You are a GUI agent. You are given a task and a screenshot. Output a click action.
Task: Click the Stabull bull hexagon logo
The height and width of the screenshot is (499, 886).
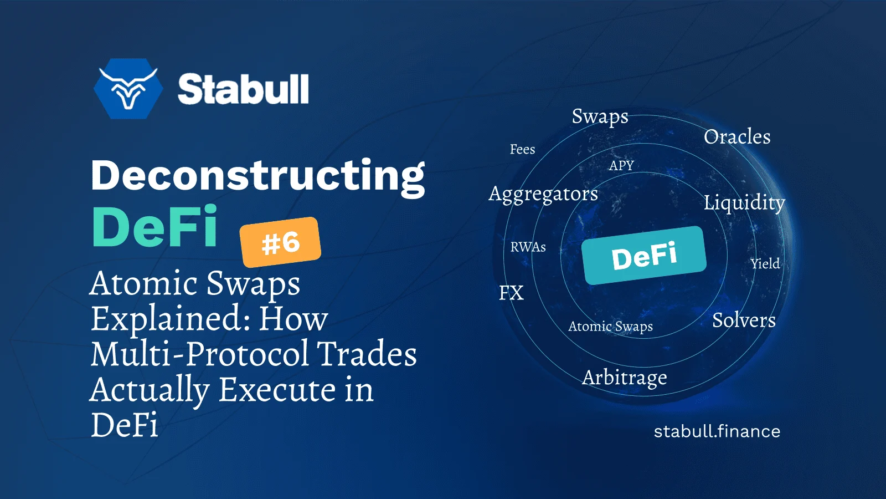pyautogui.click(x=128, y=89)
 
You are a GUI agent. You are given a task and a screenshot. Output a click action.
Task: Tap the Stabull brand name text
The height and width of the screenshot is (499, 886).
pyautogui.click(x=243, y=89)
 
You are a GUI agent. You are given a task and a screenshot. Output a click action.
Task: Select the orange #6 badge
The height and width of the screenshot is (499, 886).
pyautogui.click(x=280, y=242)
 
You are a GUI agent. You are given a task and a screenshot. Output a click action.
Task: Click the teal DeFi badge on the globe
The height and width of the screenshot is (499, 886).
pyautogui.click(x=644, y=256)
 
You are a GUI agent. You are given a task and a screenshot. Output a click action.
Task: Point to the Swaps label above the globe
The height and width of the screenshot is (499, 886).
pyautogui.click(x=600, y=117)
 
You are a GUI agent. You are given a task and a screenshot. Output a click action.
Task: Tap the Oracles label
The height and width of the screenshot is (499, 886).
pyautogui.click(x=737, y=137)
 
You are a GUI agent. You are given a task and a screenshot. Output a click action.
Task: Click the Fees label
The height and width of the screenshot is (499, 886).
pyautogui.click(x=522, y=149)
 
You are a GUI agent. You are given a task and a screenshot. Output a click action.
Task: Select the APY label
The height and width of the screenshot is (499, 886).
pyautogui.click(x=621, y=165)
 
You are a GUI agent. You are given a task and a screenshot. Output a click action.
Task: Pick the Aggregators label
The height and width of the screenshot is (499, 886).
pyautogui.click(x=543, y=195)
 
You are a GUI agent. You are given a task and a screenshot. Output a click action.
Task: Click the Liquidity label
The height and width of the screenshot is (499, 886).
pyautogui.click(x=744, y=203)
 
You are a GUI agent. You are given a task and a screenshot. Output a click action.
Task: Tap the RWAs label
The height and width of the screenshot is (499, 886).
pyautogui.click(x=528, y=247)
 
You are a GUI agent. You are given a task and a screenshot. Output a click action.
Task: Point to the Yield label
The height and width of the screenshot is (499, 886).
pyautogui.click(x=765, y=264)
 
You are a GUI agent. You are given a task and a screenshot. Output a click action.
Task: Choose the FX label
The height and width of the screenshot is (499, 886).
pyautogui.click(x=511, y=293)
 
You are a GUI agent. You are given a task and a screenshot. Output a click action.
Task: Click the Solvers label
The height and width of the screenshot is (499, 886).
pyautogui.click(x=744, y=320)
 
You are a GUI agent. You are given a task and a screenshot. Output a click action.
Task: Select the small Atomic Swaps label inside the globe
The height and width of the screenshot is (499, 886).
pyautogui.click(x=610, y=327)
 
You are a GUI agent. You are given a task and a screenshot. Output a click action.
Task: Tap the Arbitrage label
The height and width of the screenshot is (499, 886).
pyautogui.click(x=625, y=378)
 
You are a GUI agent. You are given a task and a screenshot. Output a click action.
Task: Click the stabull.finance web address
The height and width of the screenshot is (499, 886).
pyautogui.click(x=717, y=431)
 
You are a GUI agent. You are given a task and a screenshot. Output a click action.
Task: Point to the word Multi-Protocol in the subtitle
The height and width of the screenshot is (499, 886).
pyautogui.click(x=200, y=353)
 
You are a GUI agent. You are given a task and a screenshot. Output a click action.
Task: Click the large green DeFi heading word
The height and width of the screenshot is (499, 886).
pyautogui.click(x=154, y=226)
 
